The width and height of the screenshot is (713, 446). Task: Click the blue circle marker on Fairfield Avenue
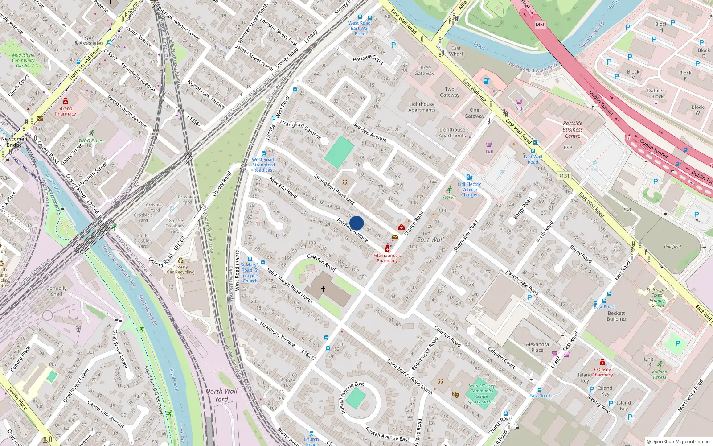point(356,223)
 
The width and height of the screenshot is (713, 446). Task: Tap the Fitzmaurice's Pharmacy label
point(387,258)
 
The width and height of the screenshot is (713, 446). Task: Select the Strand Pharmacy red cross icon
point(66,102)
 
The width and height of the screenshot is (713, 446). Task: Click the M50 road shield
point(541,25)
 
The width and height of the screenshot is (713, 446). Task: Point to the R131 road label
point(564,176)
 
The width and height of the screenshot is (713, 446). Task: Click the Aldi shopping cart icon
point(519,102)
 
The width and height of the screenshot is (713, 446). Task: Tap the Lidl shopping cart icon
point(489,145)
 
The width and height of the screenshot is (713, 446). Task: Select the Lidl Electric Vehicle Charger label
point(469,190)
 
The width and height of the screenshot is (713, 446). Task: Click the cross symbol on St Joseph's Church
point(323,289)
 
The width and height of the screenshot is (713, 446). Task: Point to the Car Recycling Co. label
point(180,272)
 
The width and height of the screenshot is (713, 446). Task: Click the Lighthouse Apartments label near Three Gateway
point(422,107)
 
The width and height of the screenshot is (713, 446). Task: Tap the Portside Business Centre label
point(573,129)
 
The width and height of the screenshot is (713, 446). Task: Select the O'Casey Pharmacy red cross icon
point(602,363)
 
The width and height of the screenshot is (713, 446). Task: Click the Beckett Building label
point(616,316)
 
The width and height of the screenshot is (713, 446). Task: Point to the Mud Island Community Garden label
point(23,60)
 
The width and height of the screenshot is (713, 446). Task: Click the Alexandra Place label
point(537,347)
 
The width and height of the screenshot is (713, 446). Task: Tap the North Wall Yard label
point(221,395)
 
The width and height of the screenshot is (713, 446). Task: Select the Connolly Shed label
point(56,291)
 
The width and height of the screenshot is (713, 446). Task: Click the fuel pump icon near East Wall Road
point(487,81)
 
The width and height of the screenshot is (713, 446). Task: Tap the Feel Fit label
point(449,197)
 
